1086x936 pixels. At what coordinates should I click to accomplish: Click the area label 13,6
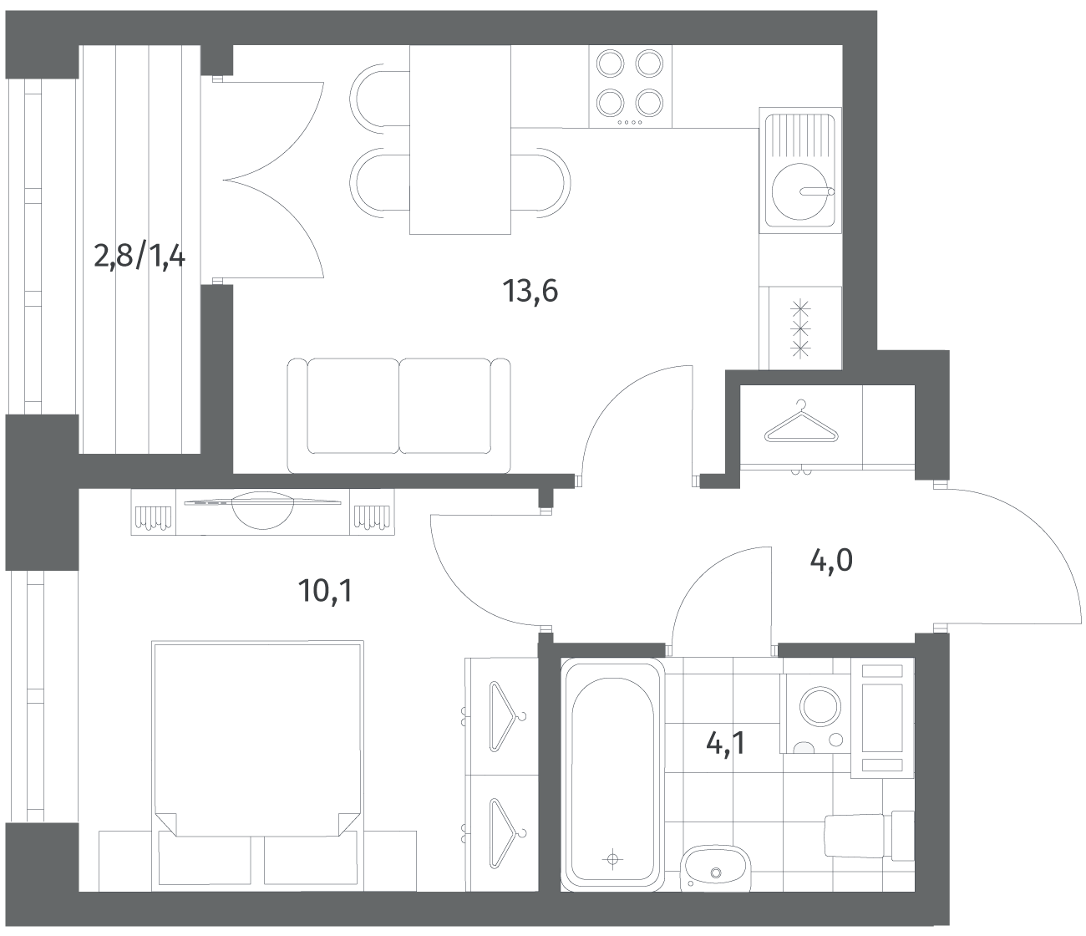(x=530, y=291)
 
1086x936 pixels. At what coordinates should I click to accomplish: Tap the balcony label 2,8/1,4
(x=140, y=257)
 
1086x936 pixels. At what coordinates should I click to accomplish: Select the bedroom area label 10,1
(x=325, y=590)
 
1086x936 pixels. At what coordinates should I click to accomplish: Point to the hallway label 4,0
(x=831, y=560)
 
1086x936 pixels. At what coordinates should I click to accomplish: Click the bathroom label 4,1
(x=726, y=744)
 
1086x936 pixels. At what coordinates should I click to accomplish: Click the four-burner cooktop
(x=630, y=87)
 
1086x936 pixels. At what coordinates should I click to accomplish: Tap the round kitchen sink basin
(x=800, y=191)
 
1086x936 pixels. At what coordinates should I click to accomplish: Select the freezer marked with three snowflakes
(x=800, y=328)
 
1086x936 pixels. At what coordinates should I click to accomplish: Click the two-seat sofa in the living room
(x=398, y=415)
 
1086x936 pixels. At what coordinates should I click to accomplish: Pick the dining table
(x=460, y=140)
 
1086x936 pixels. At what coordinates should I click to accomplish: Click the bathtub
(x=612, y=776)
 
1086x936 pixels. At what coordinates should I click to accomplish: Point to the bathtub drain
(x=612, y=859)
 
